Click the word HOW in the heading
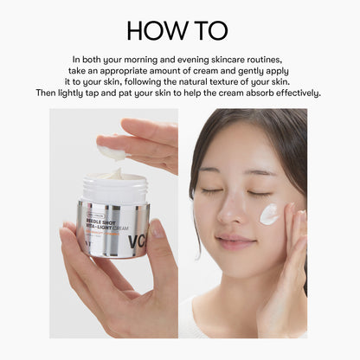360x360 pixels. click(157, 29)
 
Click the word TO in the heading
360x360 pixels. click(209, 29)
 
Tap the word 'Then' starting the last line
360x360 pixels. click(48, 93)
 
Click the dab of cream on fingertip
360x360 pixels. click(111, 152)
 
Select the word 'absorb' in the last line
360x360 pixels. click(247, 93)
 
